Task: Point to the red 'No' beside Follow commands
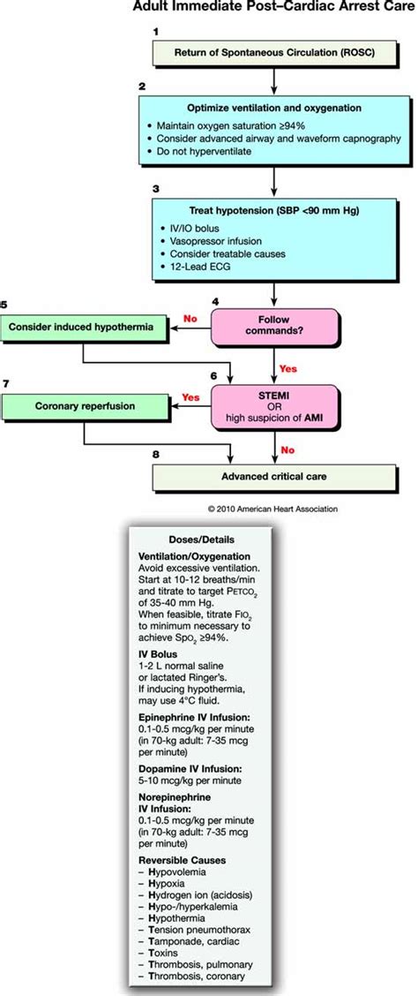[x=188, y=317]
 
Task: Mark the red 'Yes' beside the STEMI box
[x=190, y=396]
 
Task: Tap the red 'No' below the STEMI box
[x=287, y=449]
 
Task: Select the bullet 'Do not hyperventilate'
[x=198, y=150]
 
